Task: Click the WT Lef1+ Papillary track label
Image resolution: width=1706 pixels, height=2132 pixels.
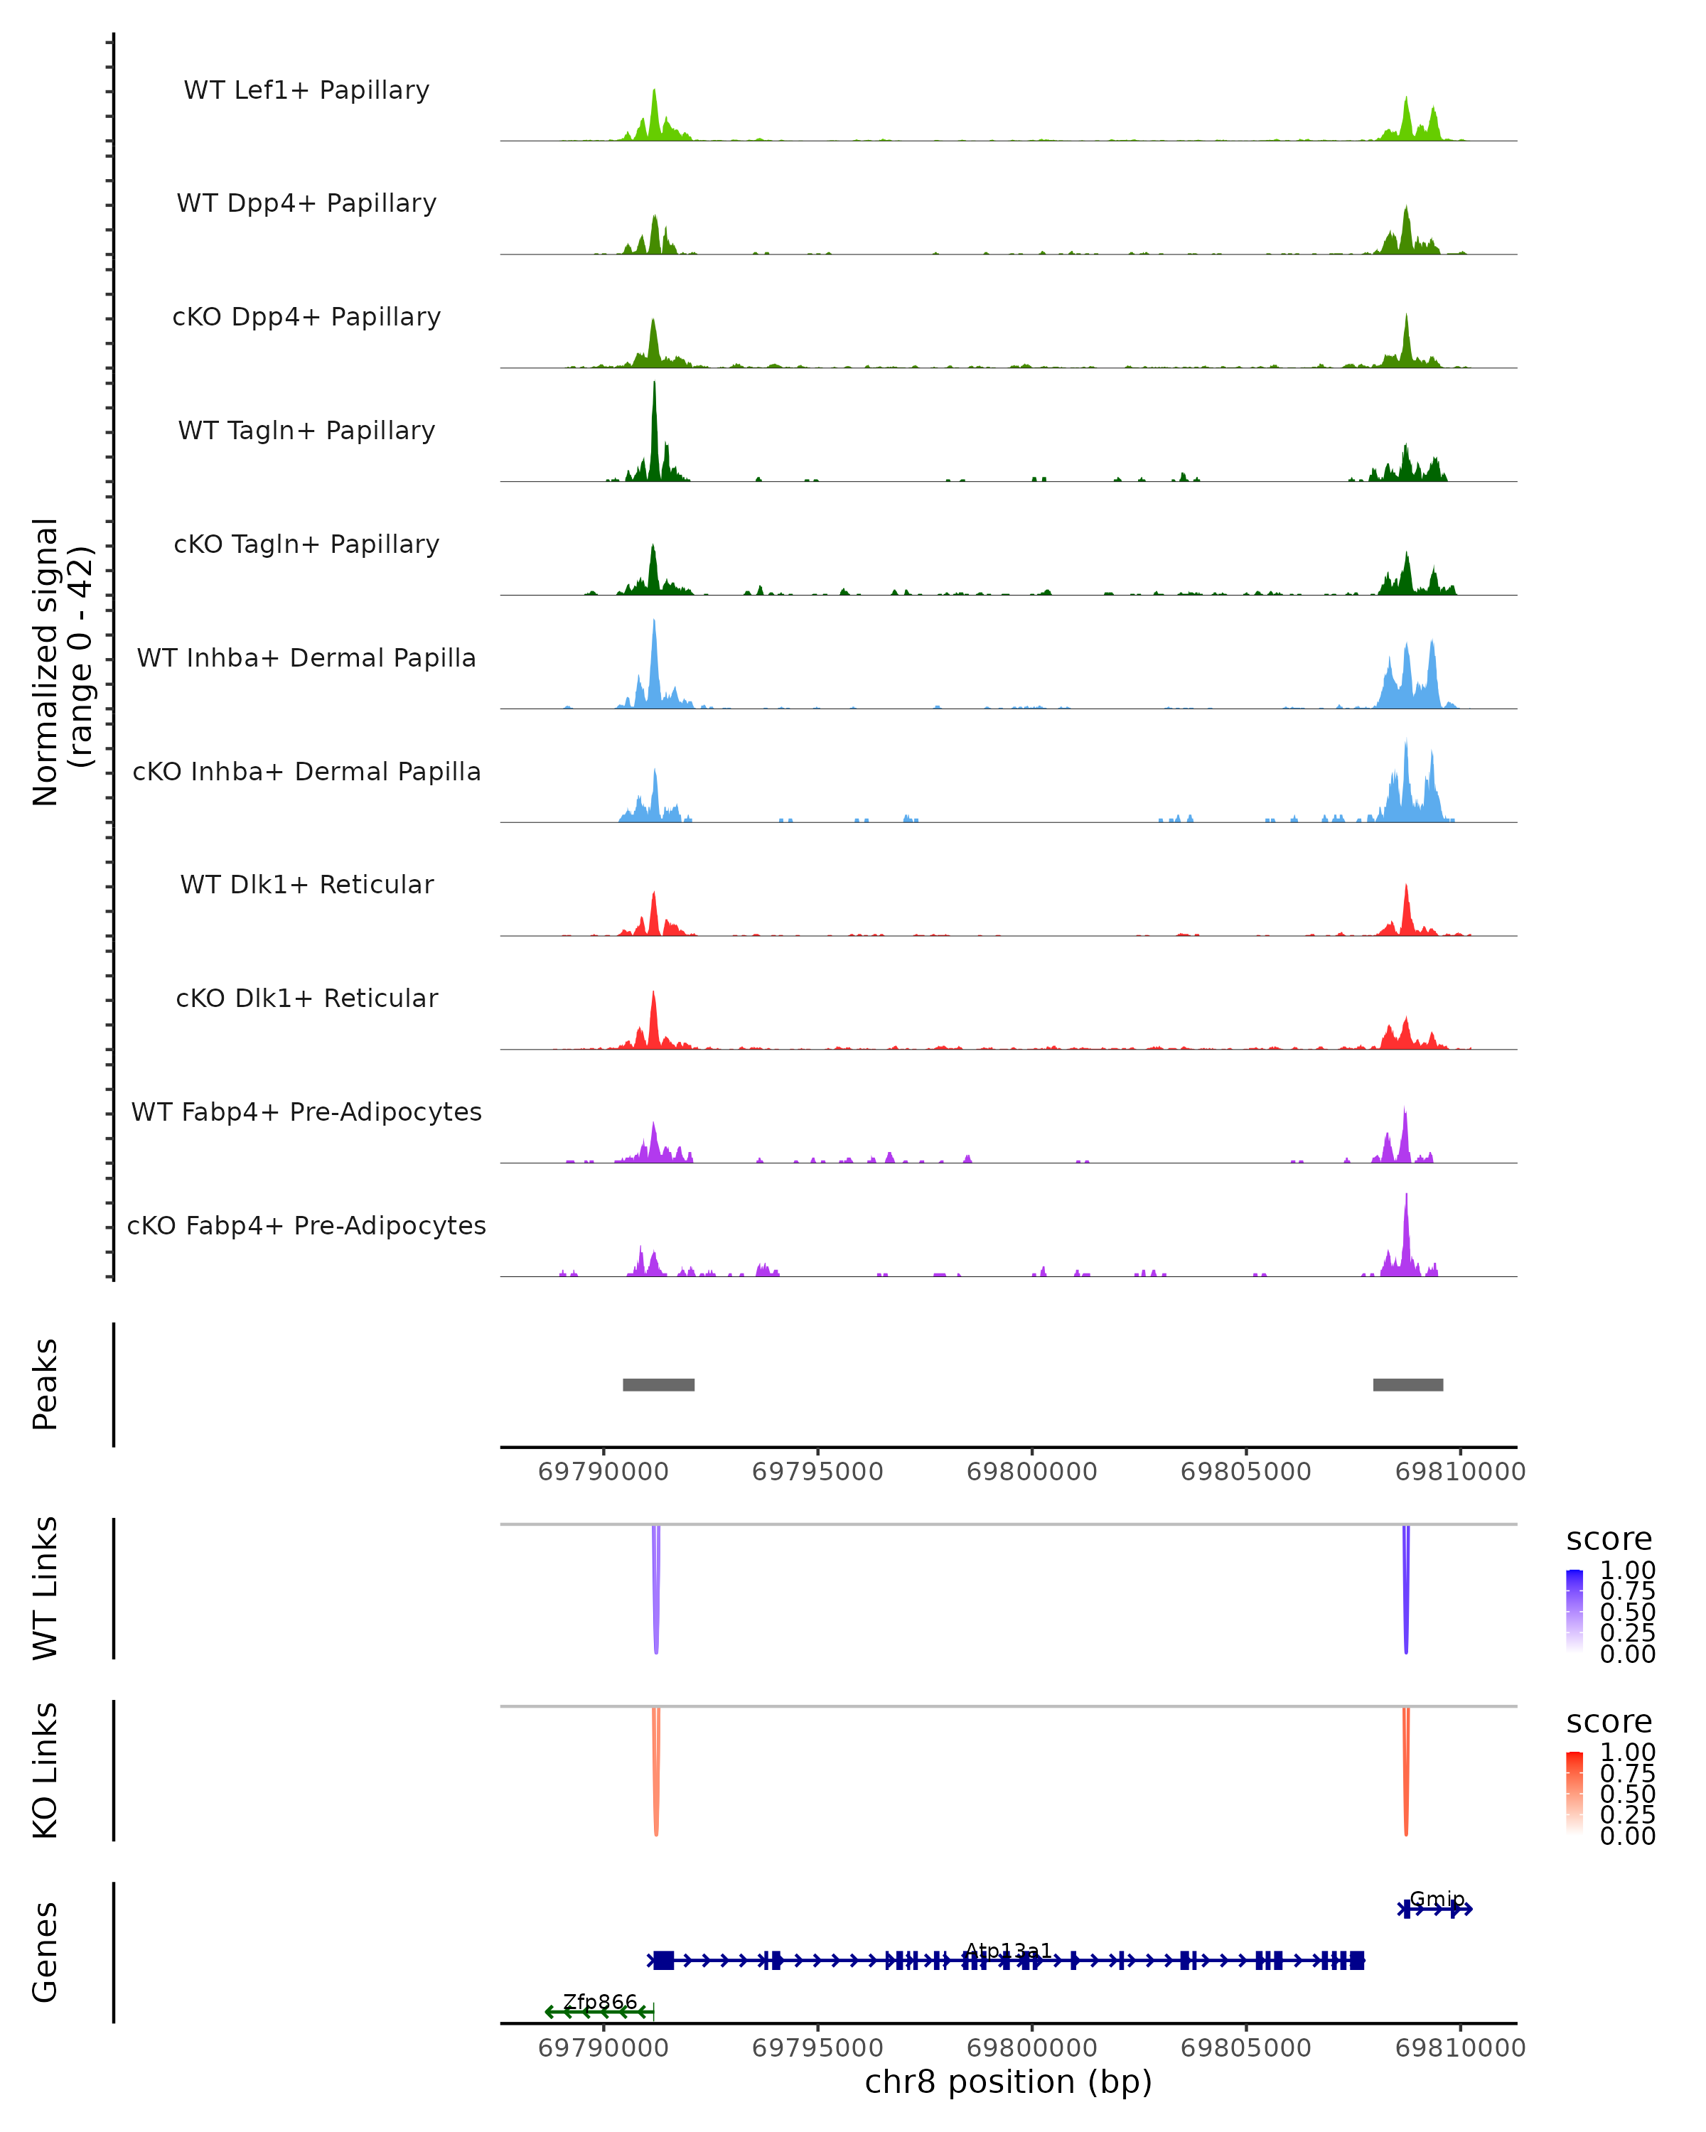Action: click(306, 90)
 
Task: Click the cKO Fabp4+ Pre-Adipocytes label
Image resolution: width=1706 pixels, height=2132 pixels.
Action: click(306, 1225)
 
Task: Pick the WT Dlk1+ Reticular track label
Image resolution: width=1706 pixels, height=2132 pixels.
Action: click(306, 884)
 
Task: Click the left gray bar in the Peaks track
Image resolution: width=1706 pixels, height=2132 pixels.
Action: click(659, 1384)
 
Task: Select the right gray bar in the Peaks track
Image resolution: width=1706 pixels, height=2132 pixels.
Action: click(1407, 1384)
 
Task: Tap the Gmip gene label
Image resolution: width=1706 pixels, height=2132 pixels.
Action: click(1437, 1899)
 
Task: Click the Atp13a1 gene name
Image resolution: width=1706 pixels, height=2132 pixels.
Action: click(1008, 1950)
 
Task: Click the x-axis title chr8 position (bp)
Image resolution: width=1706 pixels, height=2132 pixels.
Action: click(1008, 2082)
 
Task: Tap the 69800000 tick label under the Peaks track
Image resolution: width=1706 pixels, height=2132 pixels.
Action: click(1031, 1472)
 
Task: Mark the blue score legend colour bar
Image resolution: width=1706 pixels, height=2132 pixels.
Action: click(1574, 1611)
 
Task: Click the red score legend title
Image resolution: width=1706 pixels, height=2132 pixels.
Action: click(1609, 1722)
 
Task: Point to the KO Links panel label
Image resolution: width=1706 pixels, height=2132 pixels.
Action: click(45, 1770)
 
